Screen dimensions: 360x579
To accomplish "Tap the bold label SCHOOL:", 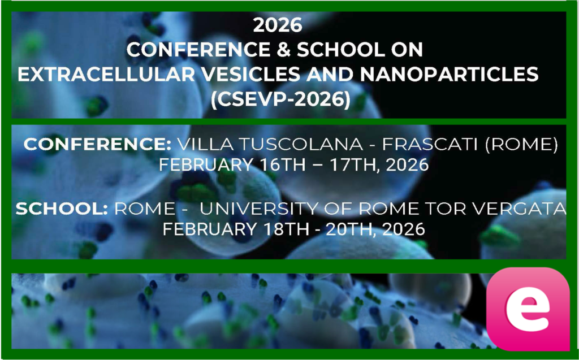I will pos(62,210).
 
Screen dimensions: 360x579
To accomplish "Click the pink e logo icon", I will pos(528,309).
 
